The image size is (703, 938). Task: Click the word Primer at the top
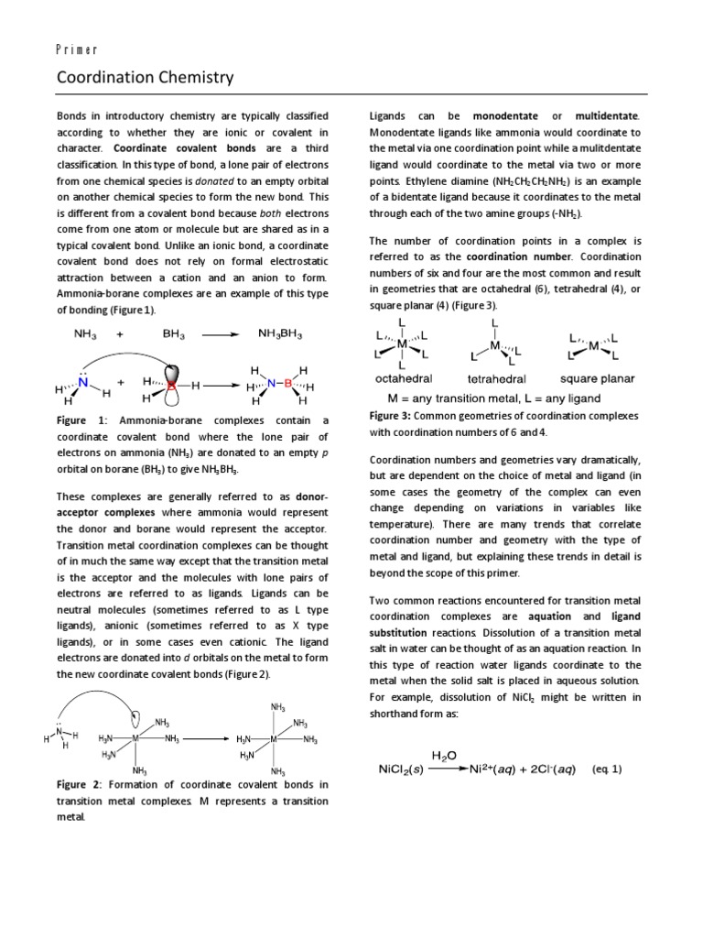(78, 49)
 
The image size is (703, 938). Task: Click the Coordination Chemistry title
(145, 78)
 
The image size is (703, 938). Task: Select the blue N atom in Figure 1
(84, 384)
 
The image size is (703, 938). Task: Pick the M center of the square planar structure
(594, 346)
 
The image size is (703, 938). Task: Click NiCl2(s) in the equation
(406, 769)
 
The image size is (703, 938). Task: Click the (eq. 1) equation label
(607, 769)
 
